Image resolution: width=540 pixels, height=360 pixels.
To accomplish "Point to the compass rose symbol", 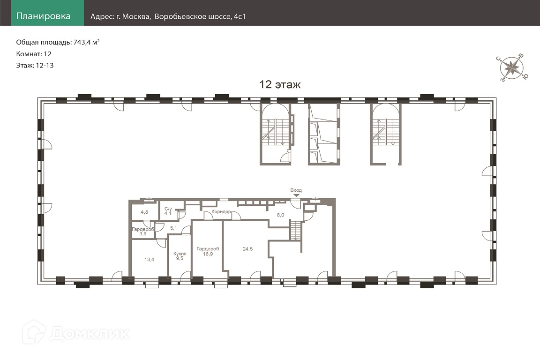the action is coord(512,68).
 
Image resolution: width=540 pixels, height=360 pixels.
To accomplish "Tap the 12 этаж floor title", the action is coord(280,84).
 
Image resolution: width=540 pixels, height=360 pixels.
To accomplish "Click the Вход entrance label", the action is coord(296,190).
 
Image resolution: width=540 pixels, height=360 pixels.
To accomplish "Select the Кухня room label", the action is coord(180,254).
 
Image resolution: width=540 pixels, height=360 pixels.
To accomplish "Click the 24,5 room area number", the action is coord(247,249).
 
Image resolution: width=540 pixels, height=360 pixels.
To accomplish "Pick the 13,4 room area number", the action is coord(149,259).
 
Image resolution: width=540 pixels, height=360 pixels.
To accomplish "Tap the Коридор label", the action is coord(221,211).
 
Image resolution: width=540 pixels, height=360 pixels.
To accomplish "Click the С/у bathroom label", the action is coord(168,209).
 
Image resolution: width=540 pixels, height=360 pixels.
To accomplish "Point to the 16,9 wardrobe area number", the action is coord(208,254).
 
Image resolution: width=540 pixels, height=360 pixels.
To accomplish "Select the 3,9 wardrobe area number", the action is coord(143,233).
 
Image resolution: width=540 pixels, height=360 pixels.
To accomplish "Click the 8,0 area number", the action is coord(280,215).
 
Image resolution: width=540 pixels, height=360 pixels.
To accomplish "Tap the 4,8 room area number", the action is coord(144,212).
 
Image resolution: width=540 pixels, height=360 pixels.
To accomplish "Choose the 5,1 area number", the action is coord(173,228).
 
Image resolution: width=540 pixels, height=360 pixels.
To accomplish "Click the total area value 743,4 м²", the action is coord(86,42).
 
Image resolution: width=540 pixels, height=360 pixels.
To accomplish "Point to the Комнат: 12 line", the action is coord(34,54).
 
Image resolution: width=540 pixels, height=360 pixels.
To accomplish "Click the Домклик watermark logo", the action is coord(76,333).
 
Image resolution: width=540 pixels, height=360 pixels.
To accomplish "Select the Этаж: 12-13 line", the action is coord(35,66).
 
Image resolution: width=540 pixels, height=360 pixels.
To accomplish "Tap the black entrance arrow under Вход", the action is coord(296,195).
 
